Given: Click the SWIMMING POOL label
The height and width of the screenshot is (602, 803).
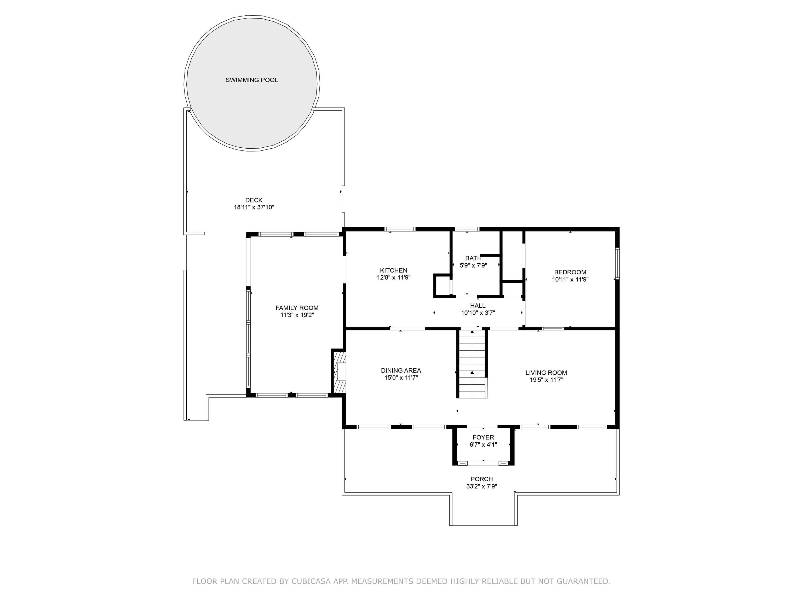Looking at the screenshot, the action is pyautogui.click(x=251, y=80).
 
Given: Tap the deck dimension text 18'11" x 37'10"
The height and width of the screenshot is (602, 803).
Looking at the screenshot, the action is pyautogui.click(x=254, y=207).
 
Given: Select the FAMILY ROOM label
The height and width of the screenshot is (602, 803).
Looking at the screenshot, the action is pyautogui.click(x=297, y=308).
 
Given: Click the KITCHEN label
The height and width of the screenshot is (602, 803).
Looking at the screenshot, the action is pyautogui.click(x=393, y=270).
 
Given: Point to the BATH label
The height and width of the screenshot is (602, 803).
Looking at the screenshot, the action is pyautogui.click(x=473, y=258).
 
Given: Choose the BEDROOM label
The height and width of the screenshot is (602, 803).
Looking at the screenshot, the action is pyautogui.click(x=570, y=272).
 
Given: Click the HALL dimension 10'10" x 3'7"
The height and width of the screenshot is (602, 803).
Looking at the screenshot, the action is pyautogui.click(x=478, y=313).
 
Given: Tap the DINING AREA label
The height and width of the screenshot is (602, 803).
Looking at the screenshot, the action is pyautogui.click(x=401, y=371).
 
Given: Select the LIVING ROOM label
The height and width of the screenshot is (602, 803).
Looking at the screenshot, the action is pyautogui.click(x=546, y=373).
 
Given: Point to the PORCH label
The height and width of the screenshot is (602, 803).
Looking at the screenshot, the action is pyautogui.click(x=482, y=479).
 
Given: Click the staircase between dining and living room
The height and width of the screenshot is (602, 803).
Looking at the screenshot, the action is pyautogui.click(x=472, y=363).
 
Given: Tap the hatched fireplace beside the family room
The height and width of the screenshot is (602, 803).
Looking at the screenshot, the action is pyautogui.click(x=338, y=371).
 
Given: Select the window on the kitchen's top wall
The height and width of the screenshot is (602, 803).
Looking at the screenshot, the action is pyautogui.click(x=400, y=229).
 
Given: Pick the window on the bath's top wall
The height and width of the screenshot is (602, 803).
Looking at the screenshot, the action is pyautogui.click(x=467, y=229).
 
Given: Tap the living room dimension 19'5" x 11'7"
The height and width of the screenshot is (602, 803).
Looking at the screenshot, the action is pyautogui.click(x=546, y=380).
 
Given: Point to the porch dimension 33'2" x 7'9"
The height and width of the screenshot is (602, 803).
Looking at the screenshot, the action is pyautogui.click(x=482, y=486).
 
